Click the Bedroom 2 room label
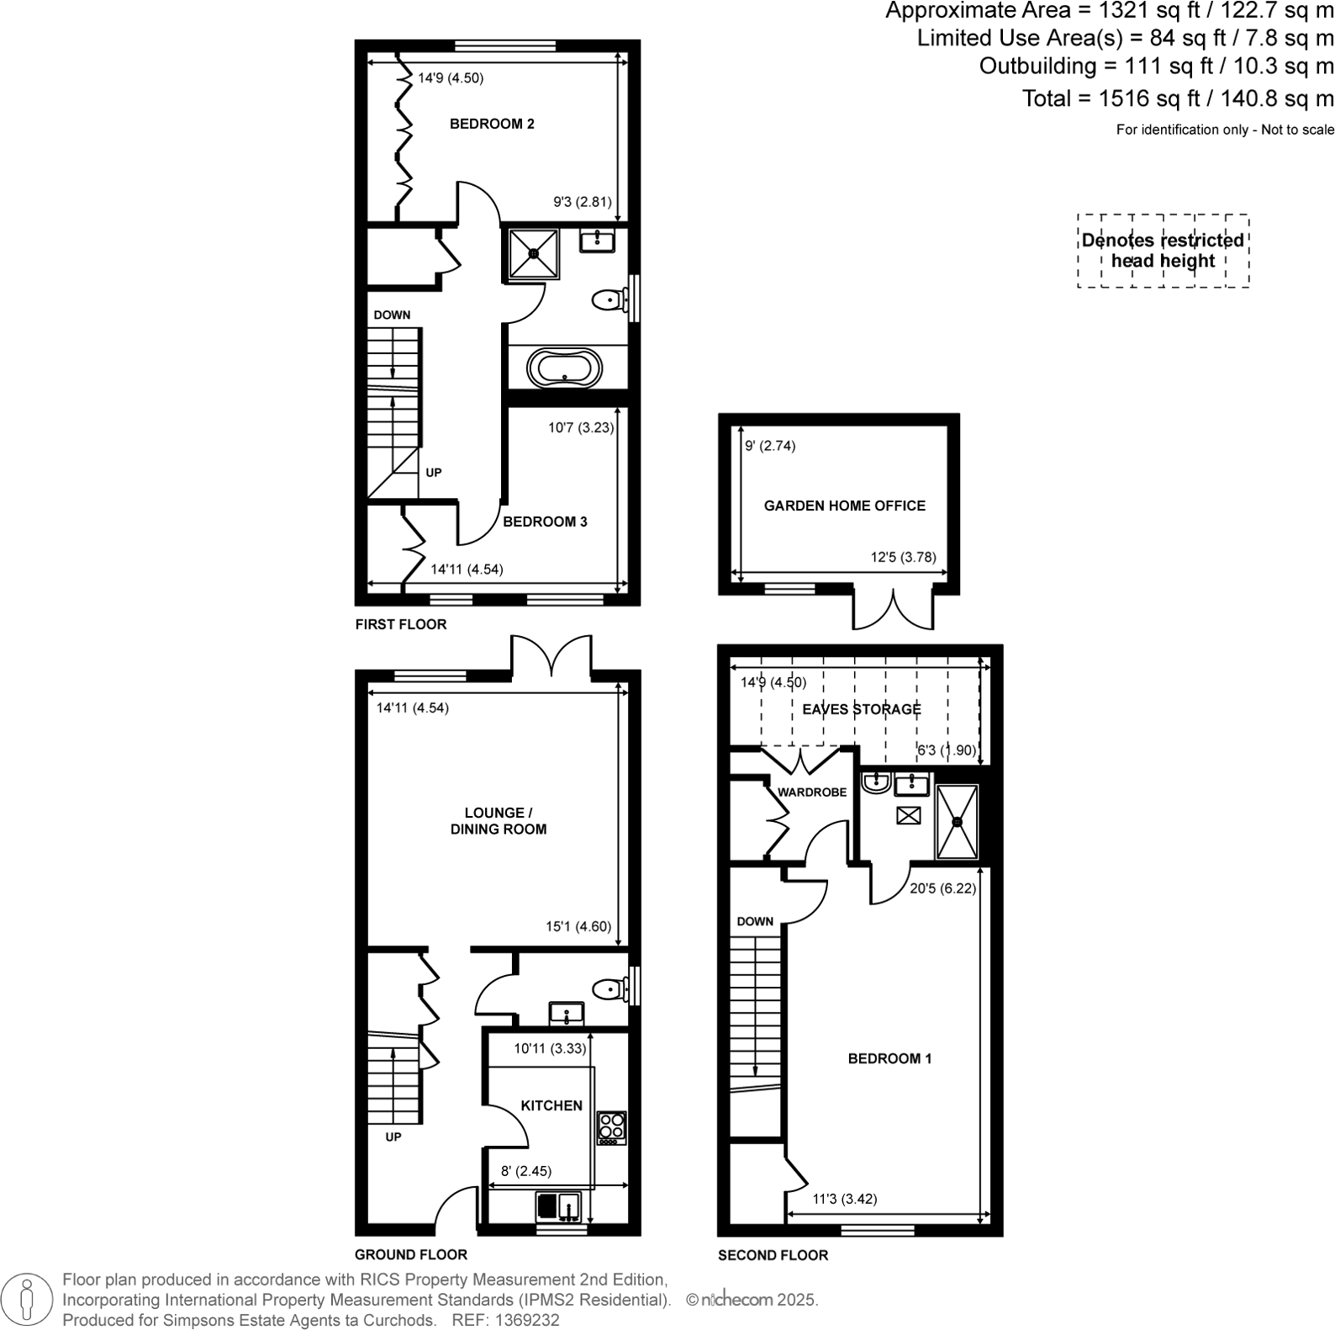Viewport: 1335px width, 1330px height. (492, 124)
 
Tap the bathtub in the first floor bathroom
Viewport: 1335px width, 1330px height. (565, 368)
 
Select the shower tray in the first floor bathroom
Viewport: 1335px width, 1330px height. (533, 253)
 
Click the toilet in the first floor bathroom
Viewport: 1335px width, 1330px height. (608, 299)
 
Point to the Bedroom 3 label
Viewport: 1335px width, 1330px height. (545, 522)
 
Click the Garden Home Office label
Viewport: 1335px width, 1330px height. (844, 506)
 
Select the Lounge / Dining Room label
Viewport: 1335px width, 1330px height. (499, 820)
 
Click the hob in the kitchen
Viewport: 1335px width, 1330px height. (611, 1128)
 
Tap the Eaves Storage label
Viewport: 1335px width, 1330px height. (861, 709)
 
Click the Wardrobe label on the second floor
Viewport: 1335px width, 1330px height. (812, 792)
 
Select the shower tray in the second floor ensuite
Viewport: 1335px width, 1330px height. (957, 822)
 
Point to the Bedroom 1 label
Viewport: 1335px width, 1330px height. (889, 1058)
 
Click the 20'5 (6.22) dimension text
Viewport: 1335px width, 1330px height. (942, 888)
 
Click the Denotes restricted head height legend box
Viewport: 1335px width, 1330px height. (1163, 251)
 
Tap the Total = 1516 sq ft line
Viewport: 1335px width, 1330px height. (1177, 98)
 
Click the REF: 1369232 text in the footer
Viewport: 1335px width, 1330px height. (505, 1320)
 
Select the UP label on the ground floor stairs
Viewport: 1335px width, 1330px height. (393, 1137)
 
